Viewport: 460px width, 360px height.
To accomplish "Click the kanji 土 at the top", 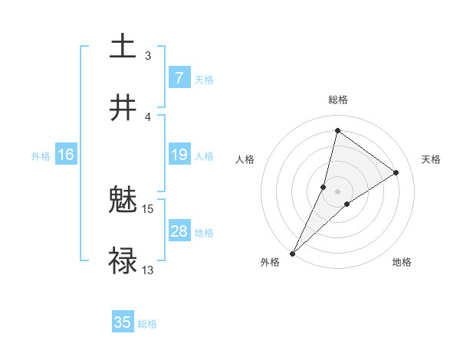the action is [x=123, y=47].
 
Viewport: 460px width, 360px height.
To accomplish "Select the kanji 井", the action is [x=123, y=108].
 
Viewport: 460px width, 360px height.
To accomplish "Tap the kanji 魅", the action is [x=123, y=201].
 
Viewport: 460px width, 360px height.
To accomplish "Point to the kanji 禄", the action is [x=123, y=261].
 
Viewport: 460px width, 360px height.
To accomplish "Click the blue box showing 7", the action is [x=179, y=78].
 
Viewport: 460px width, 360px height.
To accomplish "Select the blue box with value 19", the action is [x=179, y=155].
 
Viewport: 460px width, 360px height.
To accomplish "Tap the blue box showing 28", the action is [x=179, y=232].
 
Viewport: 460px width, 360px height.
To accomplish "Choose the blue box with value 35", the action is [x=123, y=322].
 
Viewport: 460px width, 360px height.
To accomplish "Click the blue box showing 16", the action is [x=65, y=155].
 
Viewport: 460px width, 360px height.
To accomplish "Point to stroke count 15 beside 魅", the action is [x=148, y=208].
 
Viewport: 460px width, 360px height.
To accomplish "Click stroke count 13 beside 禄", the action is [x=148, y=270].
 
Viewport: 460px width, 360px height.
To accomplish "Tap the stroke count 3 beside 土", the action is [x=148, y=55].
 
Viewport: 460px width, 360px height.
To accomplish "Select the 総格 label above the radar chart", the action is [x=337, y=100].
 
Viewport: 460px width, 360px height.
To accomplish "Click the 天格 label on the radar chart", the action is [x=432, y=159].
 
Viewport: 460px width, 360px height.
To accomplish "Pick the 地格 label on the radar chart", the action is [x=402, y=262].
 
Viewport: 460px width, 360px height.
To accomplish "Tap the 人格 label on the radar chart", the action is [x=245, y=159].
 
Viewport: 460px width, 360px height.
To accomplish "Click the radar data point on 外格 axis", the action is [x=292, y=253].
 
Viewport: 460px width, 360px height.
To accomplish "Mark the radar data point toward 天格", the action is [x=396, y=172].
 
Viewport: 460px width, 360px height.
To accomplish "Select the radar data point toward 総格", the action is [x=337, y=130].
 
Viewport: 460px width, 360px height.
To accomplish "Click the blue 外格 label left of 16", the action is [x=41, y=155].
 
